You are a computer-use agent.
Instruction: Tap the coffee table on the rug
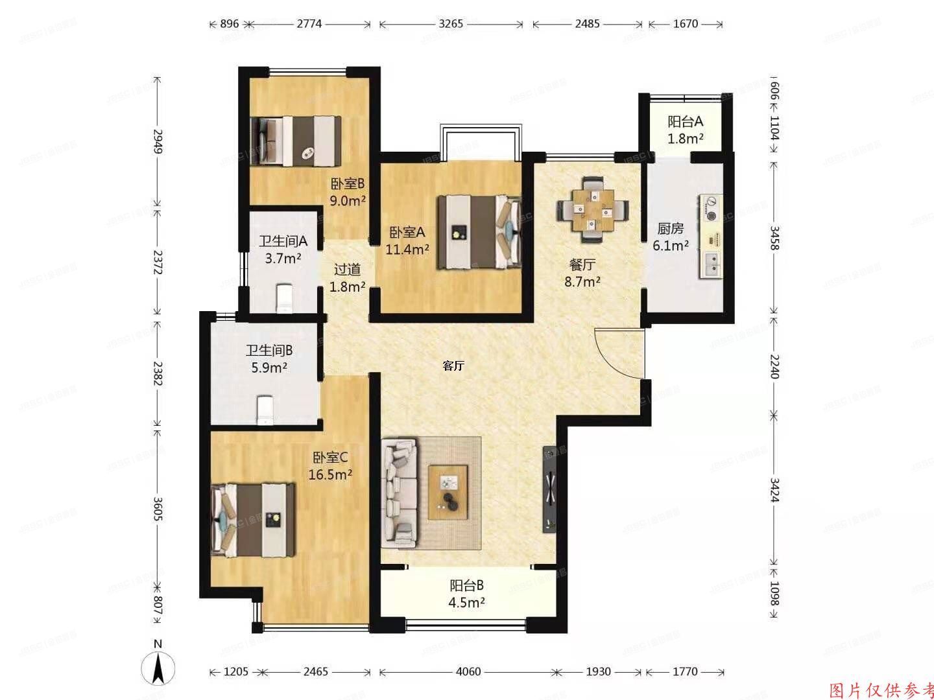(x=448, y=492)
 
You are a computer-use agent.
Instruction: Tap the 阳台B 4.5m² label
(x=467, y=594)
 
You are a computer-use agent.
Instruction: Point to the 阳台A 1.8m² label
(x=686, y=130)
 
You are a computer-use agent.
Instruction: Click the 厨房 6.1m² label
(x=671, y=237)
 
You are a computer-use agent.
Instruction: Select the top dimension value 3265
(x=451, y=24)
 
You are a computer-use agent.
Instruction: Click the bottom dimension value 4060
(x=468, y=671)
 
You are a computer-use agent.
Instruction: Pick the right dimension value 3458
(x=774, y=237)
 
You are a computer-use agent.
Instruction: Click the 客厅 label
(x=453, y=366)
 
